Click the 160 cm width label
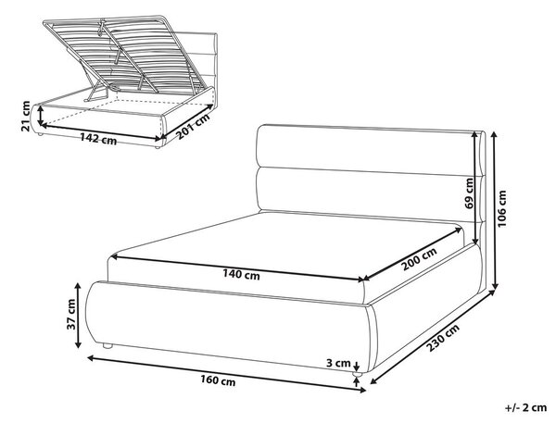[x=218, y=381]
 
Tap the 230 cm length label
[x=443, y=338]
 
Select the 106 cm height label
[x=501, y=209]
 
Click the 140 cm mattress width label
[x=241, y=275]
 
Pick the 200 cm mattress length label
[x=419, y=259]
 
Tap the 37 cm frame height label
[x=71, y=314]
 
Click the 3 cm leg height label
[x=338, y=363]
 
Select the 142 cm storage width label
[x=98, y=139]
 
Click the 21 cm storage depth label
[x=26, y=116]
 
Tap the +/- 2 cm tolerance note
[x=525, y=407]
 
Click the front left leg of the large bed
[x=107, y=346]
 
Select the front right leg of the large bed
[x=357, y=374]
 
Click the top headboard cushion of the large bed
[x=366, y=149]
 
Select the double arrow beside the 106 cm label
[x=496, y=211]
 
